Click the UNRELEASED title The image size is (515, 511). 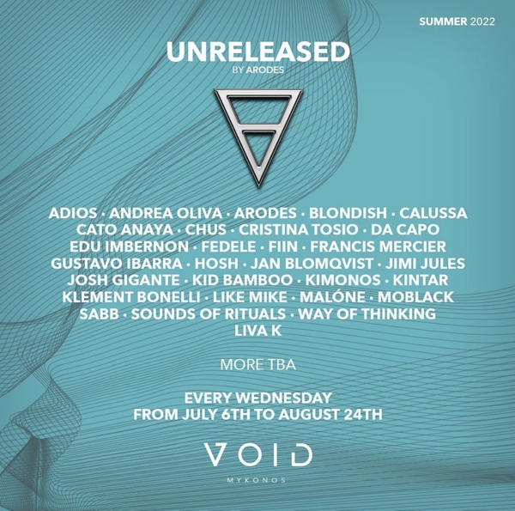(258, 52)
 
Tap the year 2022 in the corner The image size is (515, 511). (482, 21)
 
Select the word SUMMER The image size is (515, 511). (443, 21)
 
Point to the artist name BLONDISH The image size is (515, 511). (348, 213)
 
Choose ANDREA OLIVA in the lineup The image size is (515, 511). (166, 213)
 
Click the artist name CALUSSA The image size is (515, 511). (433, 213)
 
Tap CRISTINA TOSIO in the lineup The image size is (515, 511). (298, 229)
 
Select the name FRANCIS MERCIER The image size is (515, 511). (378, 246)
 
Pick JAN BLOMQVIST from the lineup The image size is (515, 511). (312, 264)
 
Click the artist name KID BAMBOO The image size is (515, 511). (242, 280)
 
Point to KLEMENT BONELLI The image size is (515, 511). (131, 297)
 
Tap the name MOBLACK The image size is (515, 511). (415, 297)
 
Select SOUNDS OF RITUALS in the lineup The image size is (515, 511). (209, 314)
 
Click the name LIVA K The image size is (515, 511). (258, 331)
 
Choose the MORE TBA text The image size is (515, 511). (258, 365)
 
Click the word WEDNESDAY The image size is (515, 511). (284, 398)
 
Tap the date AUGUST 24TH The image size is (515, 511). (330, 415)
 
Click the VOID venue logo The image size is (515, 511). (258, 454)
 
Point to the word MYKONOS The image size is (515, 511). (256, 480)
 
